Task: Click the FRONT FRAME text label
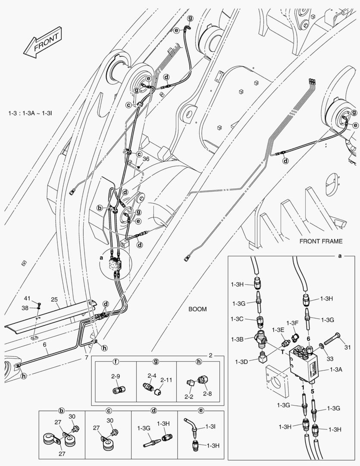(x=321, y=241)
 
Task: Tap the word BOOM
(x=197, y=309)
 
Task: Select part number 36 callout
(x=146, y=159)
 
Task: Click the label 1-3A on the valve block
(x=337, y=369)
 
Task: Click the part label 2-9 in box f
(x=115, y=377)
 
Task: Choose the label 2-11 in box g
(x=166, y=380)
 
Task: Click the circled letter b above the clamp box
(x=62, y=410)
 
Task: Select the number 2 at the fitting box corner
(x=210, y=356)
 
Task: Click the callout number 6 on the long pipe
(x=44, y=345)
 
